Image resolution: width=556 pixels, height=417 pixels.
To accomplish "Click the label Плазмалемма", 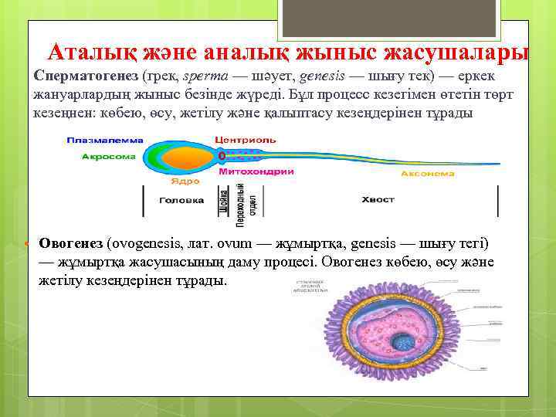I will pos(96,140).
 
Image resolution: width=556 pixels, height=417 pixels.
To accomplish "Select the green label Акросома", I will pos(109,156).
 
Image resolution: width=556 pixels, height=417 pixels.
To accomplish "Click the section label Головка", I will pos(181,200).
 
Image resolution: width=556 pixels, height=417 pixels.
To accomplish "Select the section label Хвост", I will pos(377,200).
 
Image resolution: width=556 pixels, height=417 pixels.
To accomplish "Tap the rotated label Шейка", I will pos(223,201).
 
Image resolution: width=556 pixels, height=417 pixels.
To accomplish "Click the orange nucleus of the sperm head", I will pos(185,158).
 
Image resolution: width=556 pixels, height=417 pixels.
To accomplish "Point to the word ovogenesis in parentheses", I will pos(147,243).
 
